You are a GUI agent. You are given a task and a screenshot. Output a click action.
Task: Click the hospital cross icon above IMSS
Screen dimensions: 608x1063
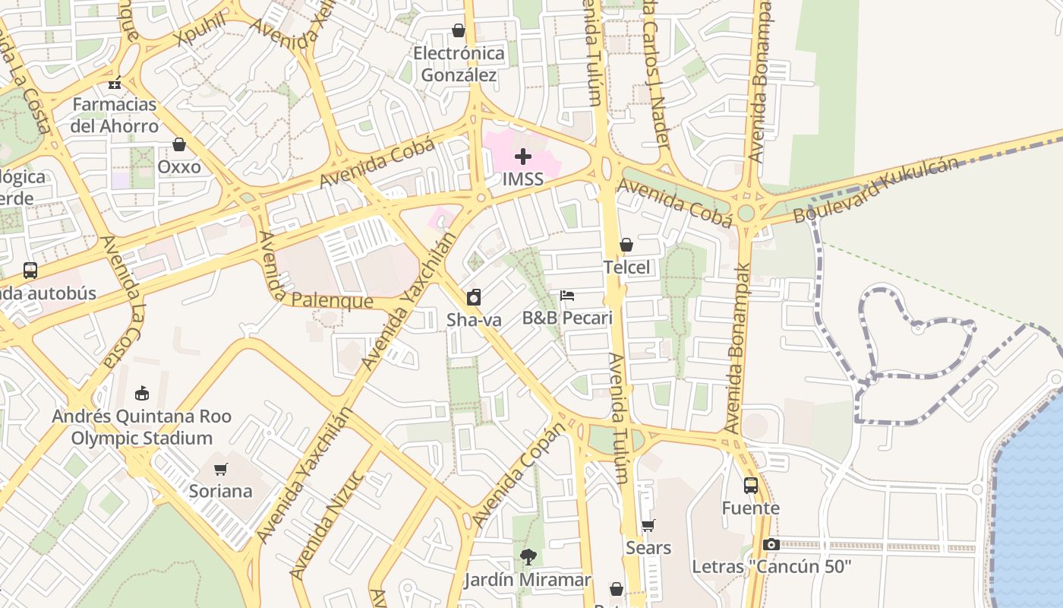click(523, 157)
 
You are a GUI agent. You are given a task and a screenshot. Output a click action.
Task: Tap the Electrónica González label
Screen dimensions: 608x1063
click(459, 64)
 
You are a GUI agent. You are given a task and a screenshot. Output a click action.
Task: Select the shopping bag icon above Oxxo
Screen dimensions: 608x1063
click(179, 144)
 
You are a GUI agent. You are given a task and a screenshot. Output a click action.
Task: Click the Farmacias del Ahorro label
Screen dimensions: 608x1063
click(114, 115)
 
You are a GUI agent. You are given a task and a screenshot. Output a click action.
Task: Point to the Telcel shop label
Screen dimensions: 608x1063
click(626, 268)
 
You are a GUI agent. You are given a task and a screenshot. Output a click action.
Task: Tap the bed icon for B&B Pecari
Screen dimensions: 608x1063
click(567, 296)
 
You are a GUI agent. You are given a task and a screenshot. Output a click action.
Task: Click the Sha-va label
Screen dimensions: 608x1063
click(474, 320)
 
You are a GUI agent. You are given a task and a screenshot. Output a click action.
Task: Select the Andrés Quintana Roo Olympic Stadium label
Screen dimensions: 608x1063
click(141, 427)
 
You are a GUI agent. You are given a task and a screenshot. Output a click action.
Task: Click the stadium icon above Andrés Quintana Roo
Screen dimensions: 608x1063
click(141, 393)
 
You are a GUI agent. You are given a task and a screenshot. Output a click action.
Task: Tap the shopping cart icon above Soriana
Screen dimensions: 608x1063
click(220, 469)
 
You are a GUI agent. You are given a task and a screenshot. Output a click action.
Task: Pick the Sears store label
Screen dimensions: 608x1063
click(648, 548)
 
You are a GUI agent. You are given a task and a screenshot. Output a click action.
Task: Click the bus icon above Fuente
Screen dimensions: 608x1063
click(750, 485)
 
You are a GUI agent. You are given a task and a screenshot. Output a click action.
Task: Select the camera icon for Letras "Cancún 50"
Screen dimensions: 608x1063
click(771, 544)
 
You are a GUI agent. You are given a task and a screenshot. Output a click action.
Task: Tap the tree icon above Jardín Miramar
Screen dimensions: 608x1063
click(527, 557)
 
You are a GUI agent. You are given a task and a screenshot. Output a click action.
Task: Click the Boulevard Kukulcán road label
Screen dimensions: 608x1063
click(875, 190)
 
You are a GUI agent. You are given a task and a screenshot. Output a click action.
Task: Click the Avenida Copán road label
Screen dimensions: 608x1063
click(519, 475)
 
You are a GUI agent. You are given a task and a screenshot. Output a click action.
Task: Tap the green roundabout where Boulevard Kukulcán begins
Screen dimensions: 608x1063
click(746, 213)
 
